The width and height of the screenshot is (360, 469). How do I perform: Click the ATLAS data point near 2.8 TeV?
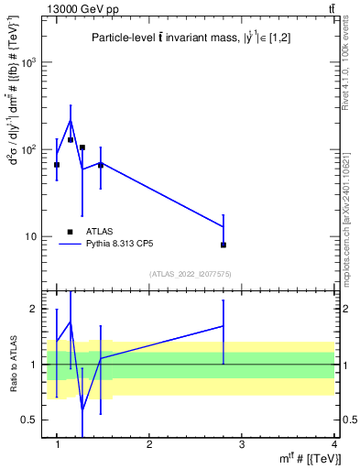(x=224, y=245)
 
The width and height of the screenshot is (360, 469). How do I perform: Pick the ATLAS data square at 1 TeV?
(x=57, y=165)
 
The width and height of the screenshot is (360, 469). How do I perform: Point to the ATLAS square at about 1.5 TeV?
(x=101, y=165)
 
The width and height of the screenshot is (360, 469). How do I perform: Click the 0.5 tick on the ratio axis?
(x=30, y=420)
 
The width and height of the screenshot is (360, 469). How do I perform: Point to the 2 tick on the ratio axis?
(x=35, y=309)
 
